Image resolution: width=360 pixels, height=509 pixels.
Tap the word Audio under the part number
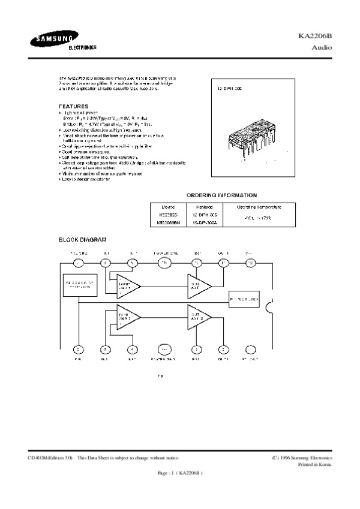coord(322,46)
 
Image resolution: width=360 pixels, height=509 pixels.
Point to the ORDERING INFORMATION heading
coord(221,195)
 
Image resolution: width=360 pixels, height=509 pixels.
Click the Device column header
coord(164,207)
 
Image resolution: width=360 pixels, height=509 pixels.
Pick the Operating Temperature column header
coord(257,207)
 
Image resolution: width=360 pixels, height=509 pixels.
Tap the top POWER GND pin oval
coord(163,263)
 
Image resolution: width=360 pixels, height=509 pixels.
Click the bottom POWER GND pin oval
coord(163,349)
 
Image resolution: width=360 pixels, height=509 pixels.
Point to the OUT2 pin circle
coord(223,349)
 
